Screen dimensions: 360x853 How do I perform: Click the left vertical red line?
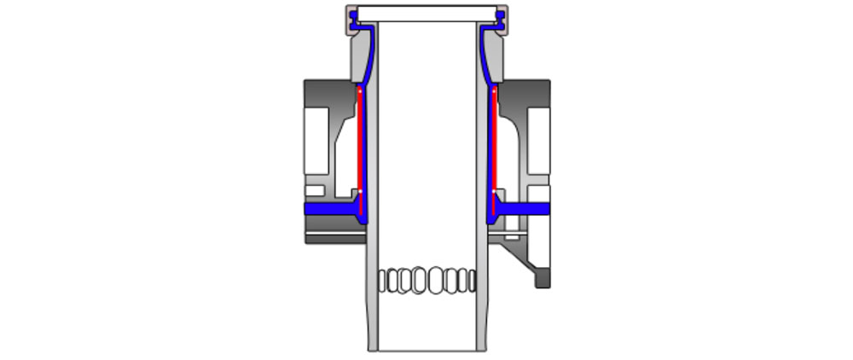coord(360,141)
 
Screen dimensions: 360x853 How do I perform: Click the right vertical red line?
coord(493,141)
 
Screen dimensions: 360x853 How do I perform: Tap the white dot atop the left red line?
coord(359,89)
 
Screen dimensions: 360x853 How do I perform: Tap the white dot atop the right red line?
coord(494,89)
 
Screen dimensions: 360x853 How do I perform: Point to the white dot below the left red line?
coord(360,191)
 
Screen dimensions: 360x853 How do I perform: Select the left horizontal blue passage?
coord(328,208)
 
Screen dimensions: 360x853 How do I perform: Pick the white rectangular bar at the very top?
coord(426,14)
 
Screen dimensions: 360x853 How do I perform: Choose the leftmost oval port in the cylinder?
coord(381,279)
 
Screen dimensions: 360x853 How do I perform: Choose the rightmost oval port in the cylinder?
coord(472,279)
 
